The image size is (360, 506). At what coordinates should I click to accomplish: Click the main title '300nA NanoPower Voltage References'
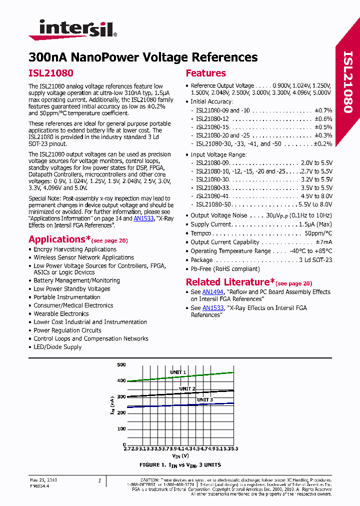[x=143, y=57]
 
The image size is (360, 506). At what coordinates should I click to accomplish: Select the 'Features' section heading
[x=205, y=73]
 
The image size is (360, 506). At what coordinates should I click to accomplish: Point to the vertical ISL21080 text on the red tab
[x=348, y=82]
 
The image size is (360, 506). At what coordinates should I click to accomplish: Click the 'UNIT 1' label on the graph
[x=178, y=372]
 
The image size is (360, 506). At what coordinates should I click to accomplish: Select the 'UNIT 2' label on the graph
[x=187, y=388]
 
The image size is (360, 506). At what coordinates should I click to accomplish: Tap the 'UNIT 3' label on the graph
[x=204, y=399]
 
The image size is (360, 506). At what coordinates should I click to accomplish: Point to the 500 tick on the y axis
[x=121, y=365]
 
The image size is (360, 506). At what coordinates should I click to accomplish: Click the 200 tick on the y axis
[x=121, y=412]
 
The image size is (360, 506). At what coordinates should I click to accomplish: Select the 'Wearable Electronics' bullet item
[x=61, y=314]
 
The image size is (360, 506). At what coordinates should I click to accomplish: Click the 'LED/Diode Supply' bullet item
[x=57, y=347]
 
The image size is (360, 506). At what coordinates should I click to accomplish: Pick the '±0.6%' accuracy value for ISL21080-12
[x=323, y=119]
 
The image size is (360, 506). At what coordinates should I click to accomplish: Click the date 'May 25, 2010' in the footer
[x=43, y=480]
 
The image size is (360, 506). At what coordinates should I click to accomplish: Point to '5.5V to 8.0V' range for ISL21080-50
[x=315, y=204]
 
